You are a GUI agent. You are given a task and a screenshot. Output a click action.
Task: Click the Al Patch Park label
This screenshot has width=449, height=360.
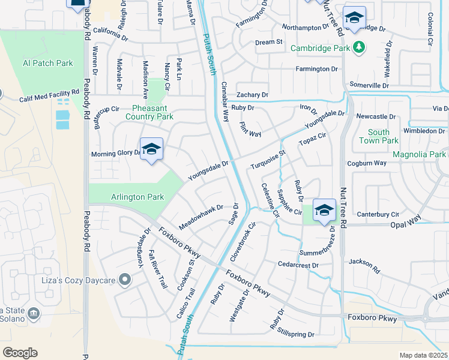point(47,63)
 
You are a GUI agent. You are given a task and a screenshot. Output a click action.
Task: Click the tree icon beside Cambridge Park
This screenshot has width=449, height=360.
point(358,46)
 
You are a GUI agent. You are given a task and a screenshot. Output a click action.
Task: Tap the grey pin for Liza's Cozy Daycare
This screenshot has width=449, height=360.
point(125,278)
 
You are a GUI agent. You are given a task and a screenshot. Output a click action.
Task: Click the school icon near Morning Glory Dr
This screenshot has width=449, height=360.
point(152,149)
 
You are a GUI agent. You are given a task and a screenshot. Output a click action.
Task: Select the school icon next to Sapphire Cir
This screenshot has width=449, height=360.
point(324,211)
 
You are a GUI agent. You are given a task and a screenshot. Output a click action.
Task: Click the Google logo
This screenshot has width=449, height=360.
point(20,352)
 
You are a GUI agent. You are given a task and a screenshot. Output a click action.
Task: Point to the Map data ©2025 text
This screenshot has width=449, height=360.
point(423,355)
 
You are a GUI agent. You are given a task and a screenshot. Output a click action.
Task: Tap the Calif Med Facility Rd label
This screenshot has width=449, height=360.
point(49,97)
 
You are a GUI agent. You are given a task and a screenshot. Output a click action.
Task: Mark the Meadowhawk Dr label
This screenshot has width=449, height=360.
point(200,217)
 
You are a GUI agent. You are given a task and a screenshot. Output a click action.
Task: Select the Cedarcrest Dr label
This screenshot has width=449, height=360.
point(297,264)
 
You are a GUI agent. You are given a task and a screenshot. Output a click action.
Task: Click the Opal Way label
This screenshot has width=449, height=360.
point(406,222)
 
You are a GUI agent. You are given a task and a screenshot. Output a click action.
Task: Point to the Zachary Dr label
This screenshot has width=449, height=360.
point(252,95)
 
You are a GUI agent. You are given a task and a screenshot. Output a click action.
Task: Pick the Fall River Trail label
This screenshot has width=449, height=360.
point(157,270)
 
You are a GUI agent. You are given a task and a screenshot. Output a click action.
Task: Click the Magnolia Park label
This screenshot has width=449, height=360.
point(419,155)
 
